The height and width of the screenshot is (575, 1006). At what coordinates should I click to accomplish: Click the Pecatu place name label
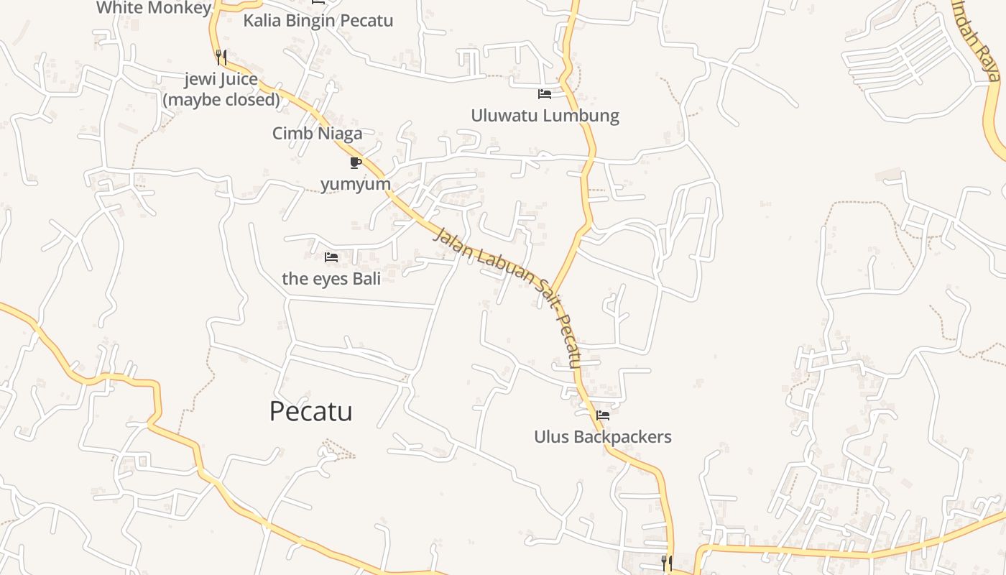[310, 411]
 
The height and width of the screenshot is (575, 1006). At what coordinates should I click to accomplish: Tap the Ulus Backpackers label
[602, 436]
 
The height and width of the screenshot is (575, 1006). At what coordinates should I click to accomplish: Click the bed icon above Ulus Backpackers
[603, 415]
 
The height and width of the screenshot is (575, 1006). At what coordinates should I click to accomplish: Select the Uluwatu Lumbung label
[545, 115]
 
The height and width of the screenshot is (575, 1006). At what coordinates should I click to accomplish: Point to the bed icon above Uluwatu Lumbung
[545, 93]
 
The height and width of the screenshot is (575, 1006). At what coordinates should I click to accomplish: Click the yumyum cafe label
[356, 183]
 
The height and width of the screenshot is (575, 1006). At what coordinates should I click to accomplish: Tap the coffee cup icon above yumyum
[355, 162]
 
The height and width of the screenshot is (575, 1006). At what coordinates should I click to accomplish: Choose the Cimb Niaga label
[317, 133]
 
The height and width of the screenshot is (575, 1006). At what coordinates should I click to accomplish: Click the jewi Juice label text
[221, 79]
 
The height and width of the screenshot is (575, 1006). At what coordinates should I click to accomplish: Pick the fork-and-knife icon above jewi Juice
[221, 57]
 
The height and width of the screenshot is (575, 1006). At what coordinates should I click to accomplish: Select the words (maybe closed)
[221, 99]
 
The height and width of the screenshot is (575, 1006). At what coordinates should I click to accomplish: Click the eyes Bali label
[331, 278]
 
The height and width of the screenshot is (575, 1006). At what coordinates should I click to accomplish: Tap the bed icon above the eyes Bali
[331, 257]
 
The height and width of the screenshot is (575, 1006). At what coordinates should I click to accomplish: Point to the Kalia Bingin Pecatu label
[318, 20]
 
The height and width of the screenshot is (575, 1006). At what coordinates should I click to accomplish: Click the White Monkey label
[154, 8]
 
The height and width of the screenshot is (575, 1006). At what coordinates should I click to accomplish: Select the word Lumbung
[583, 115]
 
